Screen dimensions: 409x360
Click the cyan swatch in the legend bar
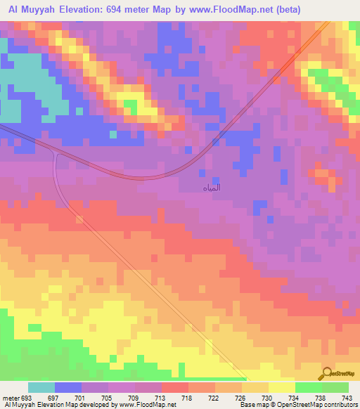(x=41, y=388)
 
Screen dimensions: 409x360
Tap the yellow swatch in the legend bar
(x=282, y=388)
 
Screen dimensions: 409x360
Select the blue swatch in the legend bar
(x=68, y=388)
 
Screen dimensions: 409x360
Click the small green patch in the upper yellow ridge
(x=129, y=105)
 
